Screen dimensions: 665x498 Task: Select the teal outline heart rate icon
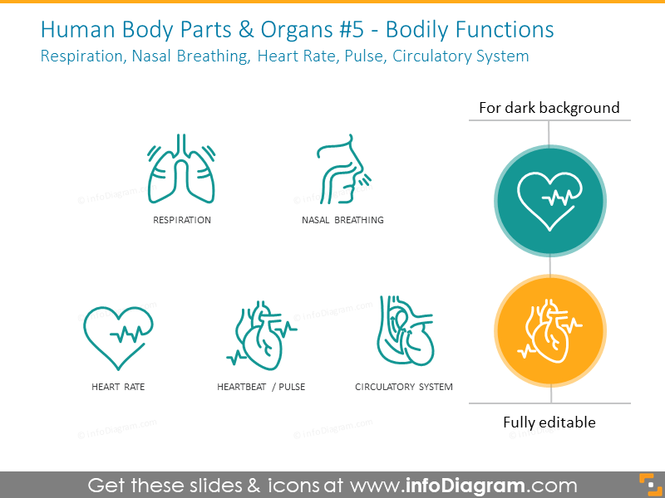[x=118, y=338]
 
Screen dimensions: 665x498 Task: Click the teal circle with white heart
[x=550, y=201]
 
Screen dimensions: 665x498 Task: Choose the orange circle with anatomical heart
[x=550, y=330]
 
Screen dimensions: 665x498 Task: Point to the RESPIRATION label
[x=182, y=220]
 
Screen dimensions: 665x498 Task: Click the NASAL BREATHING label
[x=342, y=220]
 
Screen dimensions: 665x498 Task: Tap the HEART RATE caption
[x=118, y=387]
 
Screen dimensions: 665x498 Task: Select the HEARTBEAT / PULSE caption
[x=261, y=387]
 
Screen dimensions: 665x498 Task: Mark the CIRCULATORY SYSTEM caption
[x=404, y=387]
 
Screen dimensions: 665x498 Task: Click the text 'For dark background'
[x=549, y=108]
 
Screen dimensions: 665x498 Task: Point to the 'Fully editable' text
[x=549, y=422]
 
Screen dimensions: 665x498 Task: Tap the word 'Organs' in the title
[x=297, y=31]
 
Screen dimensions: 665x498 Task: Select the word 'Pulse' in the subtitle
[x=365, y=56]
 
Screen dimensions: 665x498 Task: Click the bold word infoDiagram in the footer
[x=465, y=486]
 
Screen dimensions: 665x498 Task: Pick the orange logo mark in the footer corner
[x=651, y=486]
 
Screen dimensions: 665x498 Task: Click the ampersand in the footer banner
[x=254, y=486]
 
